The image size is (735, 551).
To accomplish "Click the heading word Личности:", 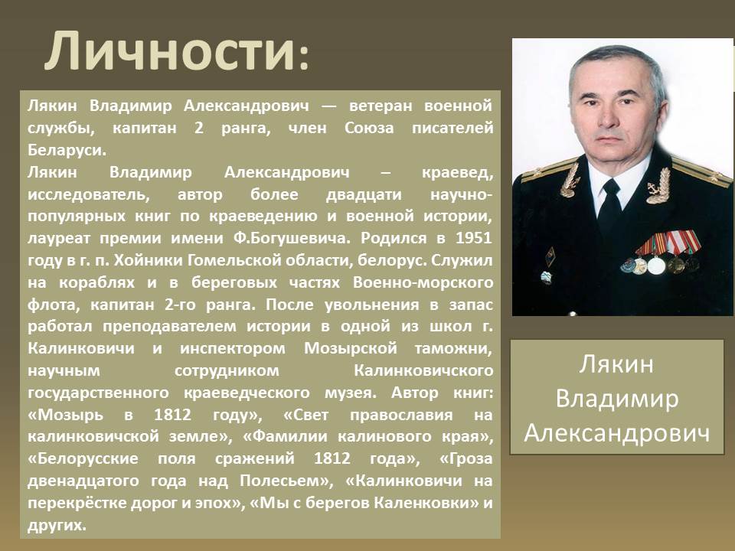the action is click(177, 51).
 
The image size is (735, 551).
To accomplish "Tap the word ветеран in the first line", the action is click(380, 106).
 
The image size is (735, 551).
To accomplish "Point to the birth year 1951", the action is click(474, 238).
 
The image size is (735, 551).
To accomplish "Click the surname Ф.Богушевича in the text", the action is click(292, 239).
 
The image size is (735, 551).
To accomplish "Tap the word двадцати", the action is click(364, 194).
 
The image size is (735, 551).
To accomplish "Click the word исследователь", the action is click(89, 194).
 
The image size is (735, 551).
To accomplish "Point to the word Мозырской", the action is click(351, 349).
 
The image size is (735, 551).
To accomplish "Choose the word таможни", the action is click(453, 349).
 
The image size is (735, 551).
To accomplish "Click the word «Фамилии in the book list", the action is click(285, 437).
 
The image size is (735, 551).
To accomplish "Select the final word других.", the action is click(57, 525).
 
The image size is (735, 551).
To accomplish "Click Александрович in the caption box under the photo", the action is click(617, 433).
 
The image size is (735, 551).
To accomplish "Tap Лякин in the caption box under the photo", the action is click(616, 364).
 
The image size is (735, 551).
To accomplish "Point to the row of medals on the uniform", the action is click(661, 253).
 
